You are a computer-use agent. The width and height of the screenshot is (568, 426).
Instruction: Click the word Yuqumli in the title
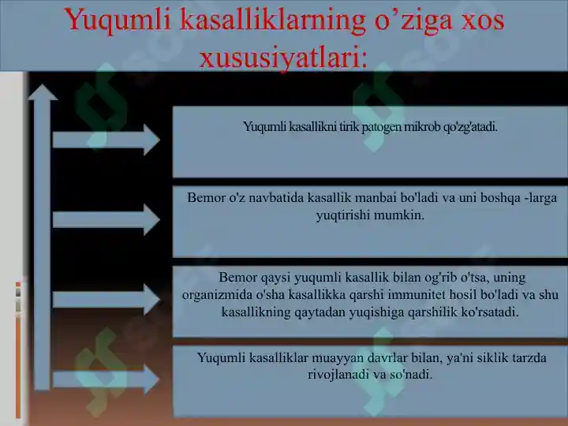(x=118, y=21)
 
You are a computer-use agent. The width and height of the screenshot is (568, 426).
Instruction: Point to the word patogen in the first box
(x=382, y=126)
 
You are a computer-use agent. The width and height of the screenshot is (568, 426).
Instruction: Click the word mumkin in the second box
(x=402, y=214)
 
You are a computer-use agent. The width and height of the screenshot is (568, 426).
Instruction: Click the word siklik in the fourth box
(x=455, y=357)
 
